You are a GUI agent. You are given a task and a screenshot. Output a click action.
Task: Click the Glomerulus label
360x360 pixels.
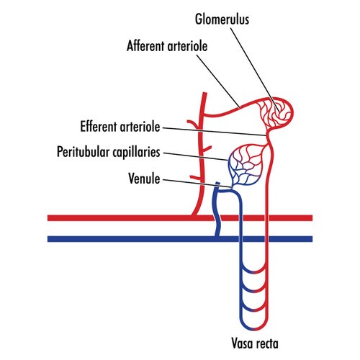(x=222, y=19)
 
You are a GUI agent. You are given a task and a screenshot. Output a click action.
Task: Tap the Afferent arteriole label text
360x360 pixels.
(x=167, y=46)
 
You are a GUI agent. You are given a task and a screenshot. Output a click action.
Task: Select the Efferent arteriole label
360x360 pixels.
(x=120, y=127)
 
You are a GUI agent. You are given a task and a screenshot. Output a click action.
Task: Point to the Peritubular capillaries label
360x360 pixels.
(x=109, y=152)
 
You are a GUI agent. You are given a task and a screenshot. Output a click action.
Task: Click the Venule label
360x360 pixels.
(x=144, y=179)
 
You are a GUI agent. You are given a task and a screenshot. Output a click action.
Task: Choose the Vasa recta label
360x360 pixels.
(x=255, y=343)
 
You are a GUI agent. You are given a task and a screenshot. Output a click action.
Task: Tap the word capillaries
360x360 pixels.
(x=136, y=152)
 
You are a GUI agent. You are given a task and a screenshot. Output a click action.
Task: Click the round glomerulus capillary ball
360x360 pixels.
(x=276, y=113)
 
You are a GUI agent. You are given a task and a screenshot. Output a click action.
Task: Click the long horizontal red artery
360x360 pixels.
(x=180, y=218)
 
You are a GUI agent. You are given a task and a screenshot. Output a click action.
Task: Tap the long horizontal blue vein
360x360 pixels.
(x=180, y=239)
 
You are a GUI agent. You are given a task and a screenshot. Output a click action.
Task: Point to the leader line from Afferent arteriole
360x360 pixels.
(x=218, y=81)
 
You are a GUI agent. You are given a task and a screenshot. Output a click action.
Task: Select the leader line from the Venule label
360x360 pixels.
(x=197, y=183)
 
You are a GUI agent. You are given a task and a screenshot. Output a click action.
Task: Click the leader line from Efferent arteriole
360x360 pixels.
(x=215, y=132)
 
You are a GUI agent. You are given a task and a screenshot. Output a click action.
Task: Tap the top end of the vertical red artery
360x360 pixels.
(x=204, y=93)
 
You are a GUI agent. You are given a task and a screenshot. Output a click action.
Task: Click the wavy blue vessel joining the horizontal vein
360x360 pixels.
(x=217, y=211)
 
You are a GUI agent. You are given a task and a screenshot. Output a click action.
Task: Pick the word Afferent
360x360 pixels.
(x=146, y=46)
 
